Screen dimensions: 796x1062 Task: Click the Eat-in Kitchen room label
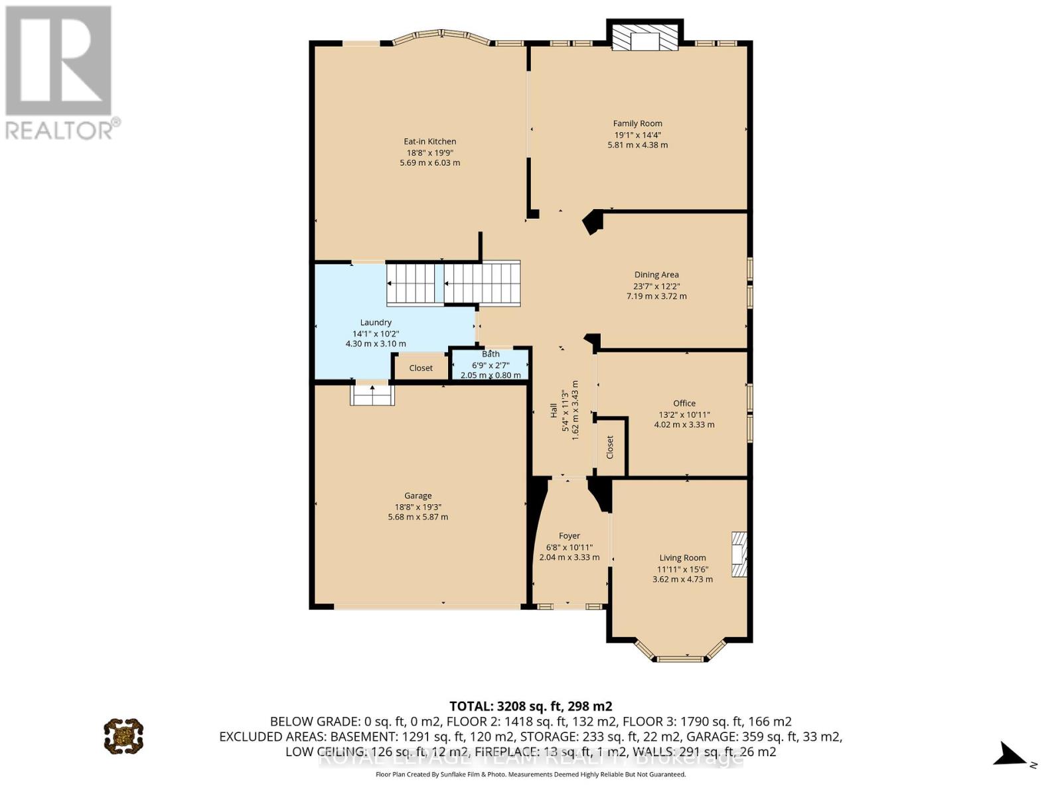click(429, 141)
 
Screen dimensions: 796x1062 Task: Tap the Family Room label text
click(637, 123)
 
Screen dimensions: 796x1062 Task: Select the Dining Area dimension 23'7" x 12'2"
click(656, 286)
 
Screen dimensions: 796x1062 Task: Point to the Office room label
click(684, 403)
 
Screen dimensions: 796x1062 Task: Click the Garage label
click(418, 496)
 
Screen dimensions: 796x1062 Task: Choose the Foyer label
click(569, 536)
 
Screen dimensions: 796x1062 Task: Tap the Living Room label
click(682, 558)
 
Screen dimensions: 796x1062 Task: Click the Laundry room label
click(376, 322)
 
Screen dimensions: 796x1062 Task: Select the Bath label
click(491, 354)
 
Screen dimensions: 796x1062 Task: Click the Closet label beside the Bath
click(421, 368)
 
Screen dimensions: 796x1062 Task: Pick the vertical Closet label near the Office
click(610, 448)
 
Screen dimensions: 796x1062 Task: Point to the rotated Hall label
click(554, 411)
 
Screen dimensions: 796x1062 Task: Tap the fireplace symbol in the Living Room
click(739, 555)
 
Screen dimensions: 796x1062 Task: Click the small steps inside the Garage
click(372, 395)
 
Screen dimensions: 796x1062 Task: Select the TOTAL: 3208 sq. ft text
click(530, 706)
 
